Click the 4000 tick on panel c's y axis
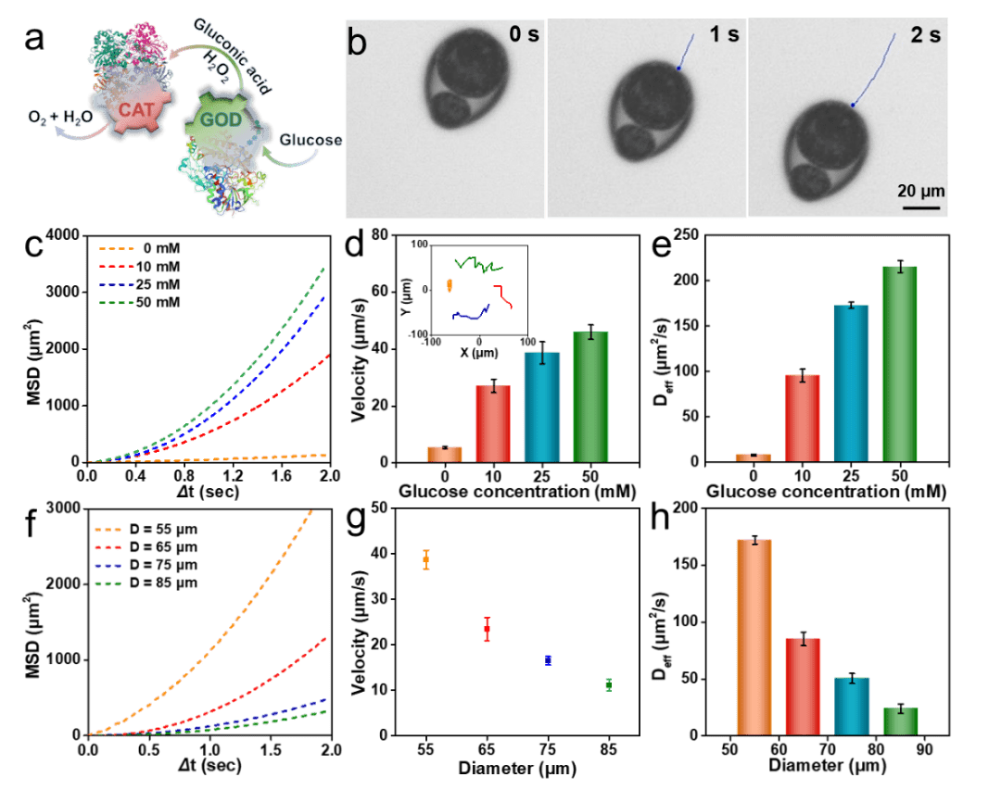coord(62,235)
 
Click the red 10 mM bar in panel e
coord(802,417)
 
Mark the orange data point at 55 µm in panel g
coord(426,559)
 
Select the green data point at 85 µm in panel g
coord(608,684)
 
